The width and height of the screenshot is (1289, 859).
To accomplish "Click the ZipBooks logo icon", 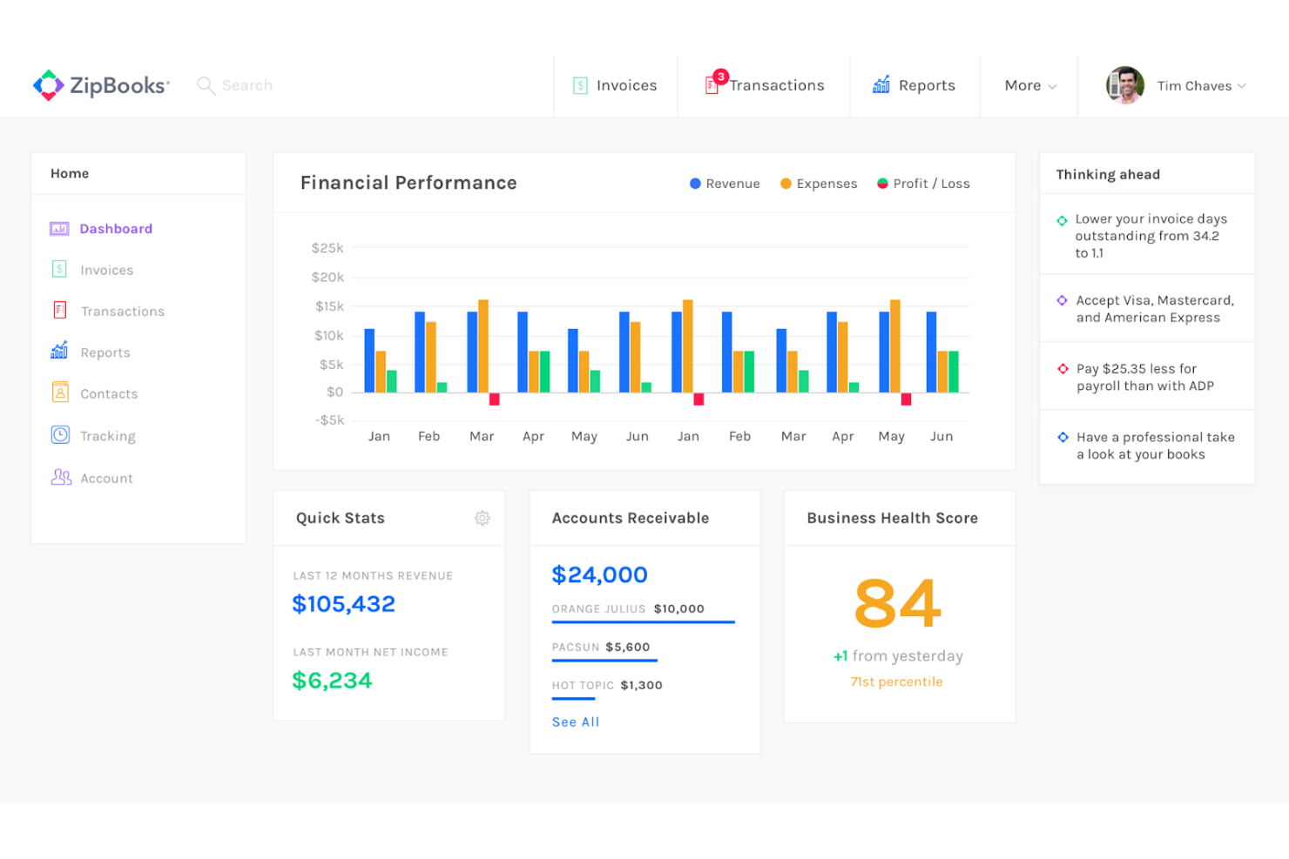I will coord(49,85).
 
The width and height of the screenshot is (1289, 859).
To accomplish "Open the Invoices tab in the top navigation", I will coord(616,85).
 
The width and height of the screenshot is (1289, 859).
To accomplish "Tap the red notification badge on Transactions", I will coord(721,77).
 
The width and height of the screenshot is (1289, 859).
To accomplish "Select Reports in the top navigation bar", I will coord(914,85).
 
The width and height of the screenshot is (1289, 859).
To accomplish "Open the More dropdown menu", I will coord(1029,85).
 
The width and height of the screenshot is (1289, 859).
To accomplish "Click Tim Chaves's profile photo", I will coord(1124,85).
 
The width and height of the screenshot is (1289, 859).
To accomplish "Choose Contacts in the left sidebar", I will coord(108,393).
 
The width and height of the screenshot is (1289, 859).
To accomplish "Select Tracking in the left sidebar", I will coord(107,435).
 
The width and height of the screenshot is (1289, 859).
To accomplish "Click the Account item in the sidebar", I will coord(106,478).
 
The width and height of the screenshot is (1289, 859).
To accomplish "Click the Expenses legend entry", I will coord(819,184).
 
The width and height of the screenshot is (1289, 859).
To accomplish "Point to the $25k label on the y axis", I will coord(327,248).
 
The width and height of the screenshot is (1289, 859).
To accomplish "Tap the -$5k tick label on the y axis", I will coord(329,419).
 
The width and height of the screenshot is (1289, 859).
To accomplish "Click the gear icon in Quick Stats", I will coord(482,518).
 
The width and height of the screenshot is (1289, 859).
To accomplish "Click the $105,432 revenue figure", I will coord(343,603).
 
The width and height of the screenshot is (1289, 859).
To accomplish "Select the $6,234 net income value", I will coord(332,680).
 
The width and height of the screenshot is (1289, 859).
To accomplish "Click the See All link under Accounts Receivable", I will coord(576,721).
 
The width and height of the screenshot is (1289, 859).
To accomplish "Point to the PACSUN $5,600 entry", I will coord(601,647).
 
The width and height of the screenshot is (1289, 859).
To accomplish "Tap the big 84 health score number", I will coord(897,603).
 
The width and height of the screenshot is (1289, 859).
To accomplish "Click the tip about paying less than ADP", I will coord(1144,377).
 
